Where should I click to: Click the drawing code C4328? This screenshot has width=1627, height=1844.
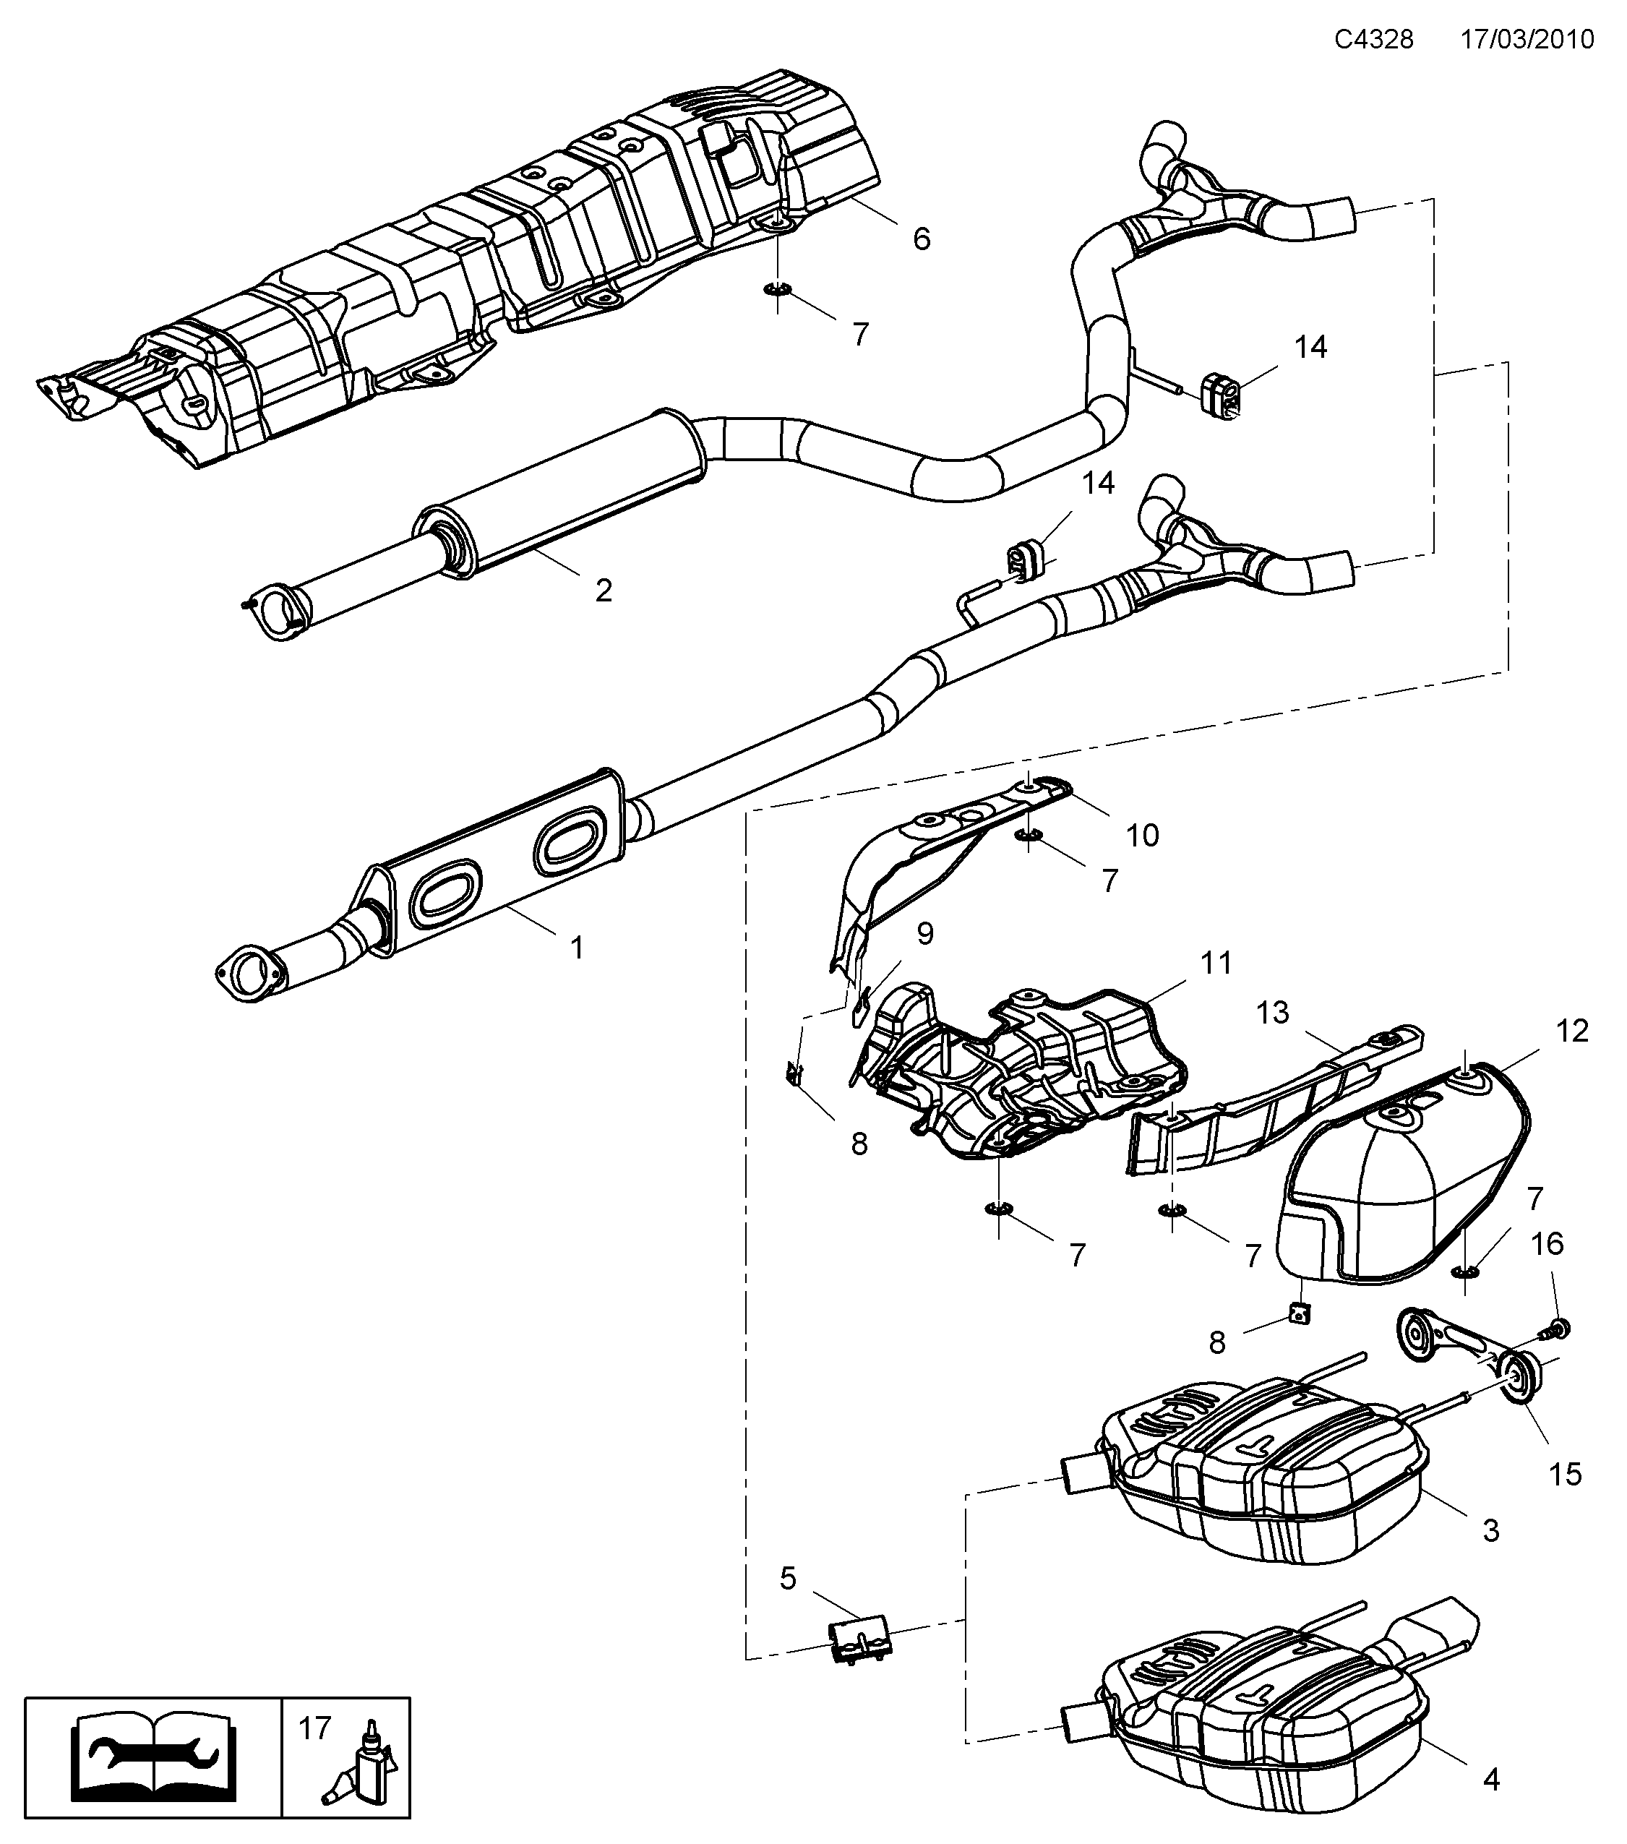tap(1373, 40)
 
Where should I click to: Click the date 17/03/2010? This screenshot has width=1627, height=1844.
tap(1527, 40)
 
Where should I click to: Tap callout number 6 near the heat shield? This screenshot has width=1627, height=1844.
tap(921, 239)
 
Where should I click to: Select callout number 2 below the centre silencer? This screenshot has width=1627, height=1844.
tap(604, 591)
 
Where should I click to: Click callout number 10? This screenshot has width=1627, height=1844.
tap(1142, 836)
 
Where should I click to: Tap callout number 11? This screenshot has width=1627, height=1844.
tap(1216, 963)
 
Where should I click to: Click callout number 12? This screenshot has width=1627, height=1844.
tap(1572, 1030)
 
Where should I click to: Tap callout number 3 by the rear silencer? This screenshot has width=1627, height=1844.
tap(1491, 1530)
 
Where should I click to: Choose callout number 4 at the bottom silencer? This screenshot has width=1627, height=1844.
tap(1491, 1779)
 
